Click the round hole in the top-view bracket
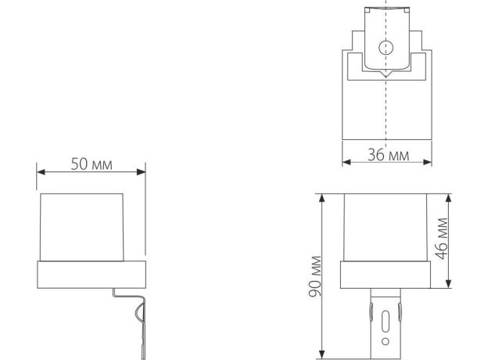coord(384,47)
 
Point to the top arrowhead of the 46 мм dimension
coord(448,196)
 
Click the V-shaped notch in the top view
coord(384,74)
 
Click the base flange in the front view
coord(386,275)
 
